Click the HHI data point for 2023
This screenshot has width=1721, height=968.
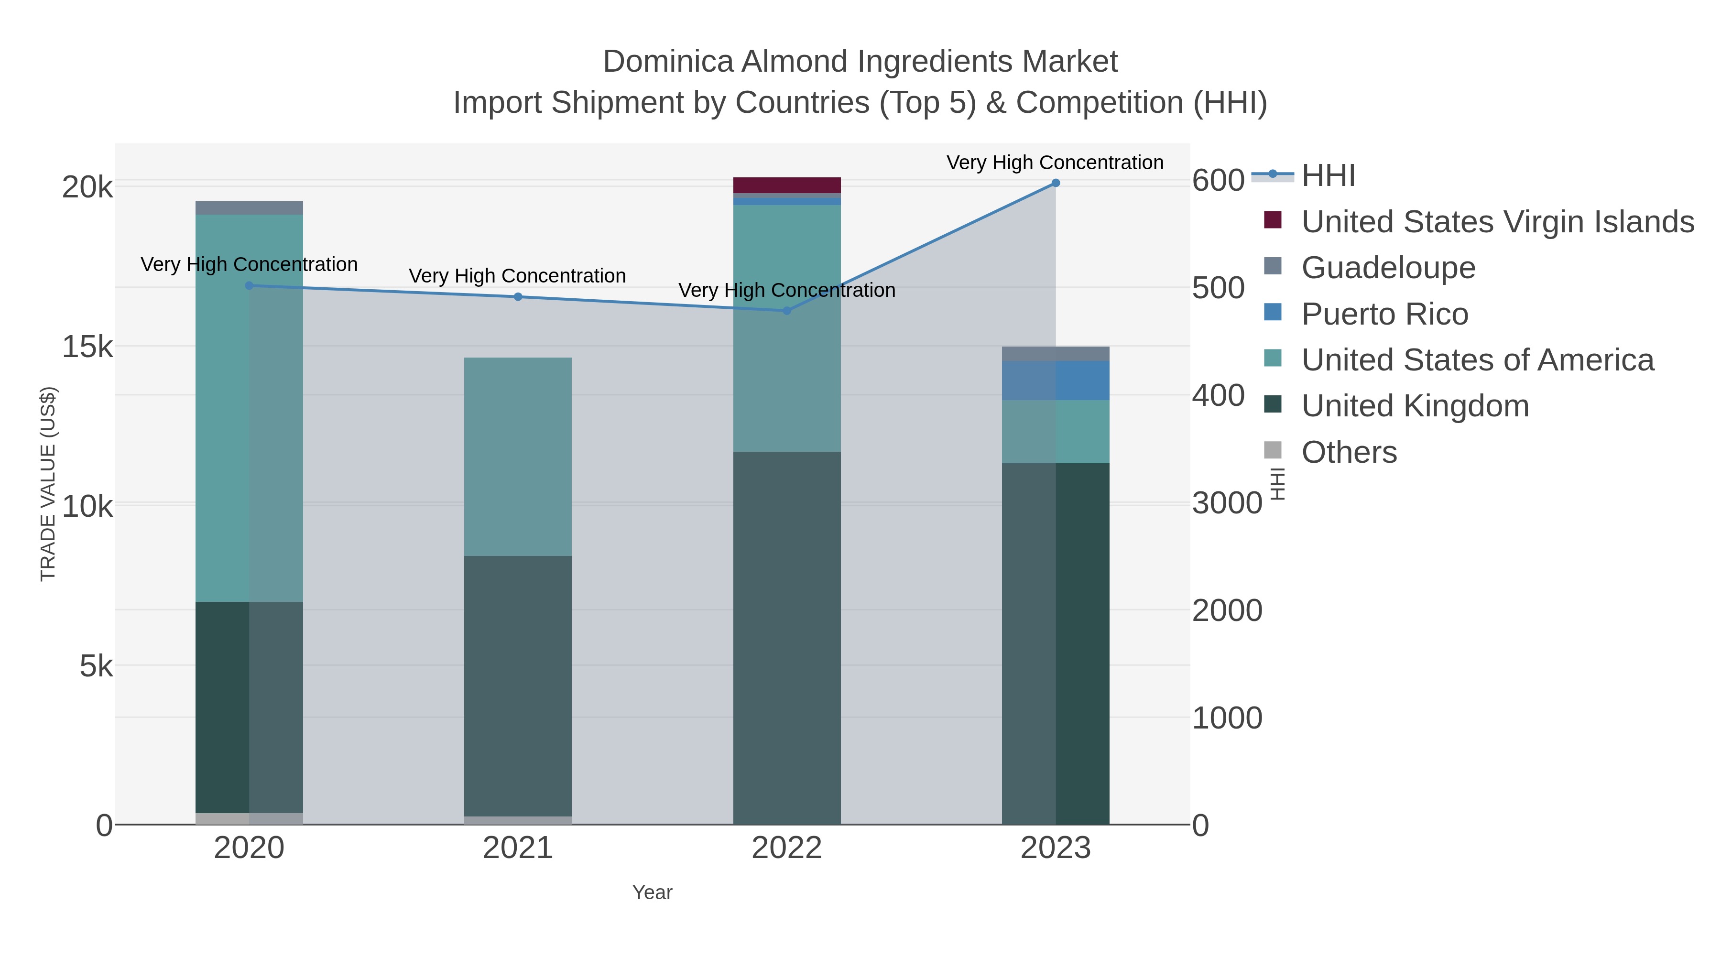1056,183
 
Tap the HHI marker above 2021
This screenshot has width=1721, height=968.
518,296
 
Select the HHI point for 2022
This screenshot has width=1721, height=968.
786,311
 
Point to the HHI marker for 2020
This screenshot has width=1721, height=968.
249,285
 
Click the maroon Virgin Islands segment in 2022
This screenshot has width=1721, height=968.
786,185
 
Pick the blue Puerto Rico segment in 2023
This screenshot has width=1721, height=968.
1056,380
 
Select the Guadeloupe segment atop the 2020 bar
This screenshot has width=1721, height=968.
249,208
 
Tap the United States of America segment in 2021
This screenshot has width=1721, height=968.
518,457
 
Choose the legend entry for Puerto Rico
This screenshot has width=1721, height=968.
1384,314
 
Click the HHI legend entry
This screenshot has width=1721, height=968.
1328,176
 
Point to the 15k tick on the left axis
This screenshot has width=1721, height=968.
87,347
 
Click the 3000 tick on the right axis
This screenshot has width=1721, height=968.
1227,503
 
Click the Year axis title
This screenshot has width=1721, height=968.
652,892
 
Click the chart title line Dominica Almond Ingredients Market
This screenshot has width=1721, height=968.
860,62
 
